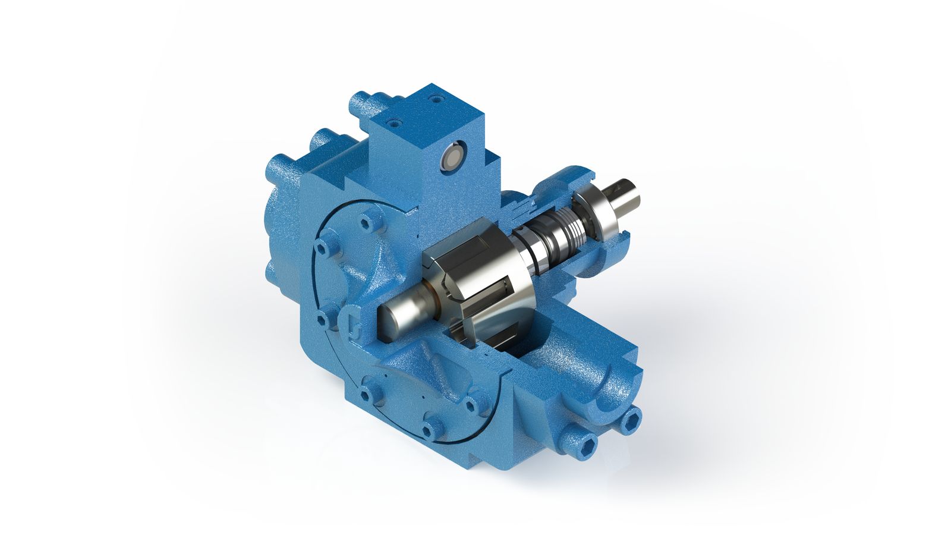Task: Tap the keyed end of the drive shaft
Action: point(629,194)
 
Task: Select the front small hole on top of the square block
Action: point(394,124)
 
